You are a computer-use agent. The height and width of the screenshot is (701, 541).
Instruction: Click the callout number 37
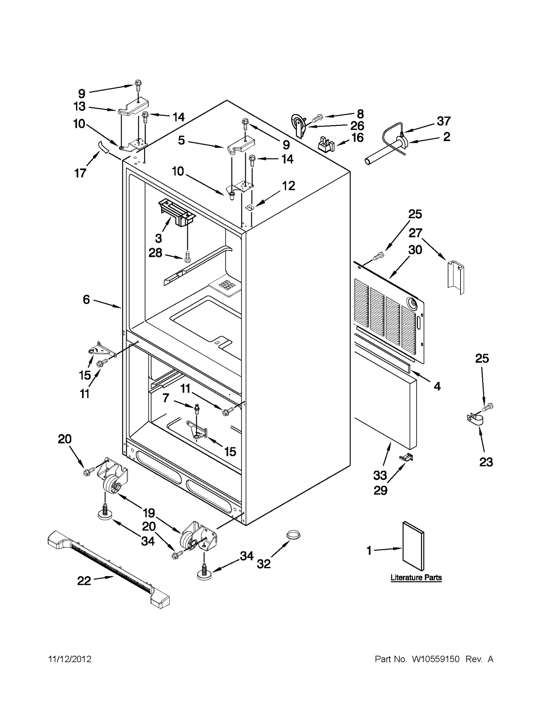tap(444, 121)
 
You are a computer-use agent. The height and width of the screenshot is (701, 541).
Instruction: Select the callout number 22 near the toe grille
tap(84, 581)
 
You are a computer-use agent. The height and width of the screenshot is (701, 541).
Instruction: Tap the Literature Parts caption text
tap(416, 578)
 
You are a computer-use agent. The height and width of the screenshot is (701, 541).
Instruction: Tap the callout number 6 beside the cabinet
tap(86, 299)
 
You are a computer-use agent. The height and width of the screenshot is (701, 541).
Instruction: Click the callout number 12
tap(288, 185)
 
